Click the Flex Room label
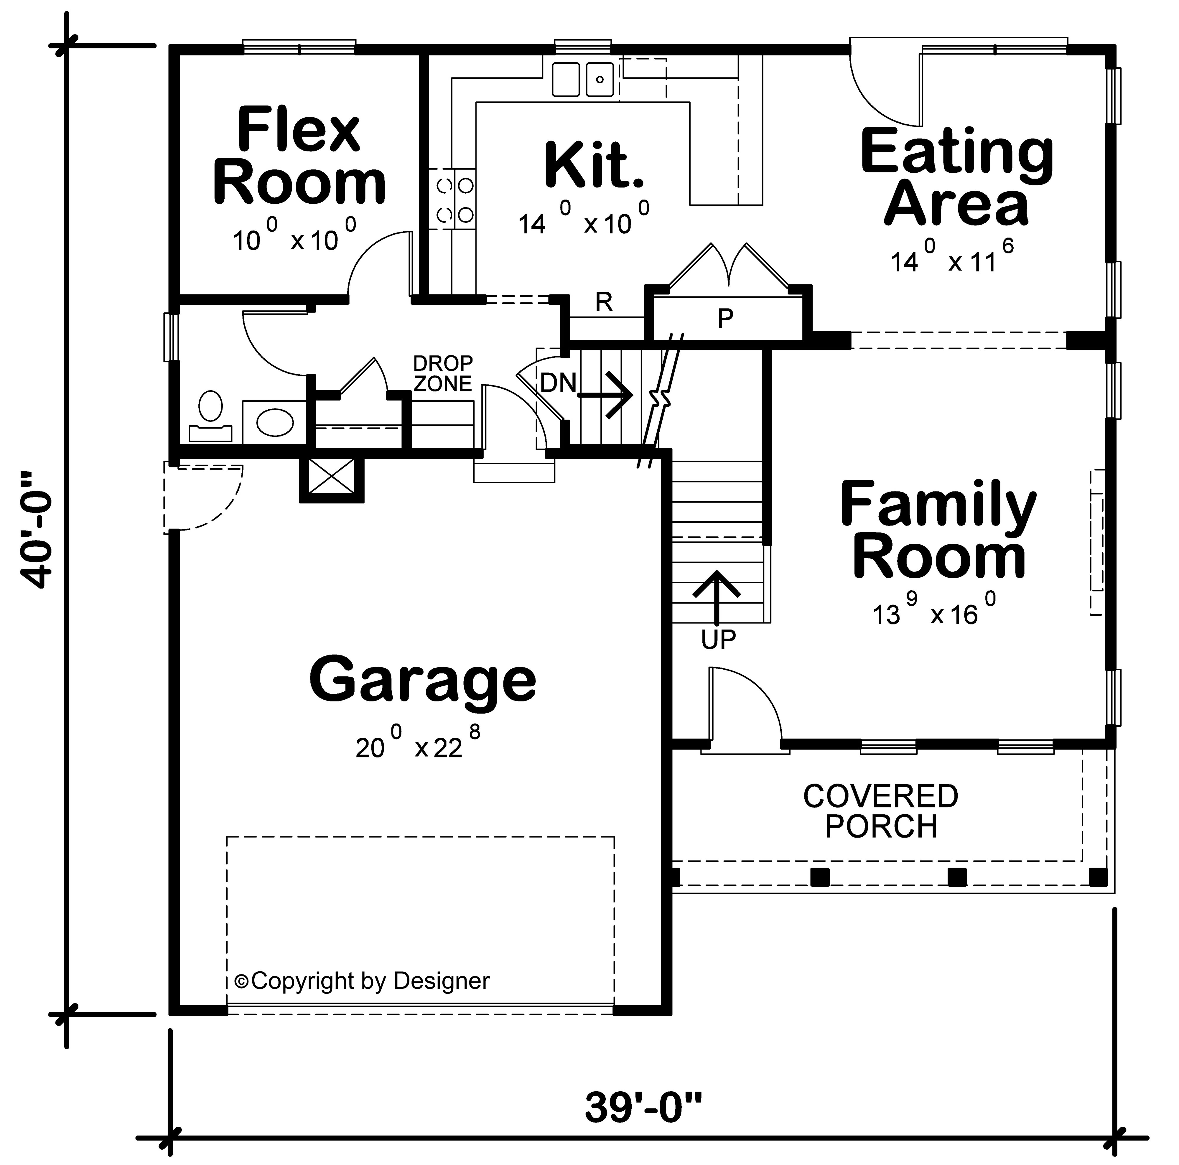(299, 156)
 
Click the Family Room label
(938, 530)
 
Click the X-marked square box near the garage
(331, 476)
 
